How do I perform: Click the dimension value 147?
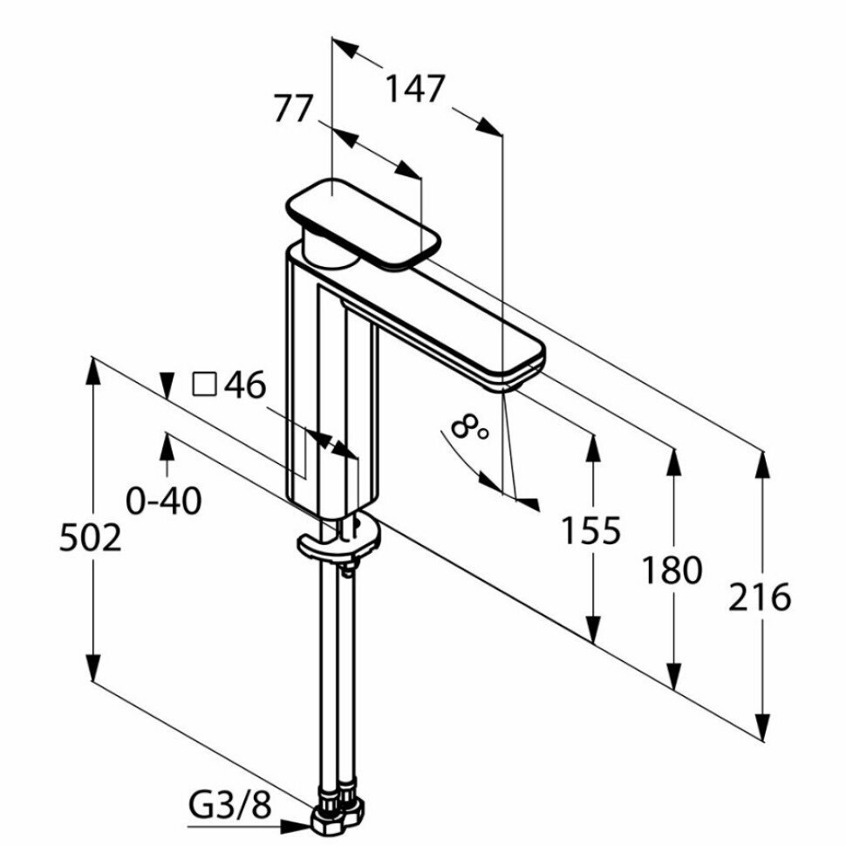pos(415,90)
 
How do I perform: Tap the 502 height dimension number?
pos(90,538)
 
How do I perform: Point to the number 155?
pos(590,529)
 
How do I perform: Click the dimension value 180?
pos(672,570)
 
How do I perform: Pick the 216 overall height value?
pos(761,597)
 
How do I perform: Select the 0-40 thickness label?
pos(164,501)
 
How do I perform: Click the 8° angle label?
pos(469,427)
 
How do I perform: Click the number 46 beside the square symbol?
pos(245,385)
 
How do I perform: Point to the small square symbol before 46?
pos(203,384)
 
